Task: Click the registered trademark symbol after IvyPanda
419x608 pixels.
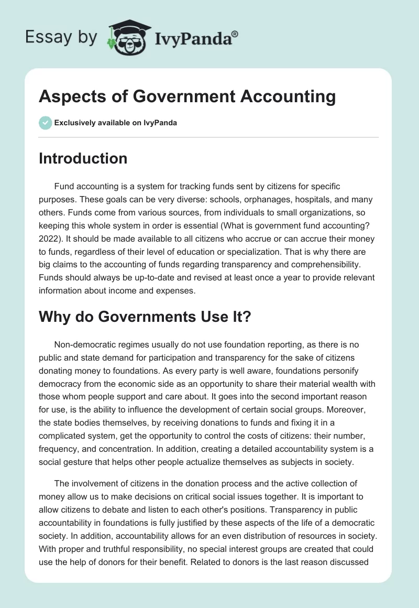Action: point(235,34)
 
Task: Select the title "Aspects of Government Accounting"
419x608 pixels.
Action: point(187,97)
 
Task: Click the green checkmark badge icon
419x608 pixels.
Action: point(45,123)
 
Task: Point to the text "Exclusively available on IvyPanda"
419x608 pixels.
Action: point(116,123)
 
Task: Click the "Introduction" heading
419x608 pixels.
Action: point(83,158)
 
